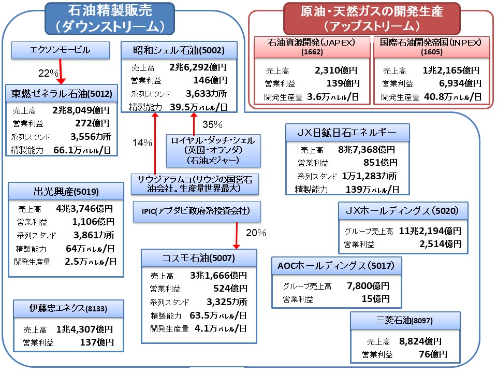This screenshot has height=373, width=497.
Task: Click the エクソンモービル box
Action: [x=61, y=50]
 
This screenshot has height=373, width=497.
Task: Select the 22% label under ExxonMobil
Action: [x=48, y=73]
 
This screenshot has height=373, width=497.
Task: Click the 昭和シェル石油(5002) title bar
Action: [x=179, y=51]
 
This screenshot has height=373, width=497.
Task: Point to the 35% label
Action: [x=212, y=124]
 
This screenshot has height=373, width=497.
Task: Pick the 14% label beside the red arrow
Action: [x=142, y=143]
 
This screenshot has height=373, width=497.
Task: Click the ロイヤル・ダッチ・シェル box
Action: [x=213, y=150]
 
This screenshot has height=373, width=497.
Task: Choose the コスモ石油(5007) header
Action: [x=199, y=257]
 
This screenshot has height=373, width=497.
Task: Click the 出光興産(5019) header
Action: [x=66, y=191]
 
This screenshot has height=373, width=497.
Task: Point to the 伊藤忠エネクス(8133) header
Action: [x=68, y=309]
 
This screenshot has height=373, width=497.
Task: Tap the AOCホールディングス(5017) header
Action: [x=337, y=266]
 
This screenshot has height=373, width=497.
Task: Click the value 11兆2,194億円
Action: [x=430, y=231]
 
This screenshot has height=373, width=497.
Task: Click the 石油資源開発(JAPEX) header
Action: [x=311, y=46]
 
